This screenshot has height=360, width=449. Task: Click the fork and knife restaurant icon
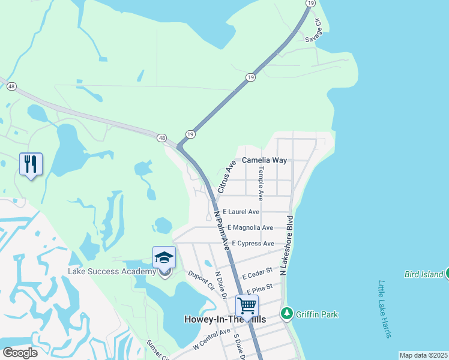31,163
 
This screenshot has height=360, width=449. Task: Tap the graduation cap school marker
164,257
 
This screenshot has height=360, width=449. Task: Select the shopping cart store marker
247,306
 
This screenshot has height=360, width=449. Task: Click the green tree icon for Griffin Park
287,313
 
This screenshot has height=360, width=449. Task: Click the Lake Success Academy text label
112,271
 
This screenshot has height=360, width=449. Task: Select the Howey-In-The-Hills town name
224,320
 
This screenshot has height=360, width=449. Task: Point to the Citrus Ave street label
230,172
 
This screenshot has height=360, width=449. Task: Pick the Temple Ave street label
261,184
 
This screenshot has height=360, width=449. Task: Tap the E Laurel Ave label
241,212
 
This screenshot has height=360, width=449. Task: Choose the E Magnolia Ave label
250,227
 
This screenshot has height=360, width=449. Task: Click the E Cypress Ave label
250,244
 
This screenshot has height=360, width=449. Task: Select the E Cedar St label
258,274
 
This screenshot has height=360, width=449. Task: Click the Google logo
20,353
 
